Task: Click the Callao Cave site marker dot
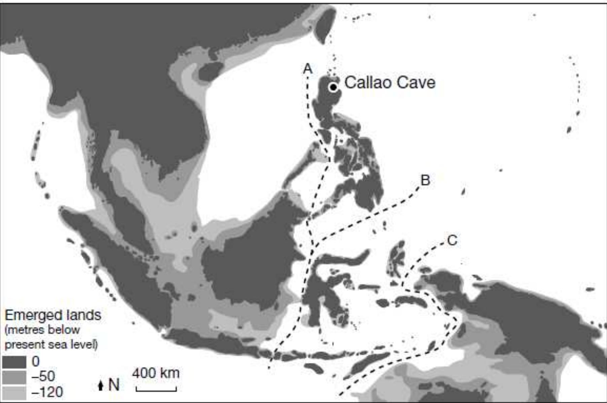(333, 88)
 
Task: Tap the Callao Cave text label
(390, 83)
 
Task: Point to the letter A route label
(308, 68)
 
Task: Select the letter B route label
(425, 180)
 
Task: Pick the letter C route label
(452, 240)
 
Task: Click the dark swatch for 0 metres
(14, 362)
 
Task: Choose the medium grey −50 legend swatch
(14, 377)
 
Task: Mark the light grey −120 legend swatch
(14, 393)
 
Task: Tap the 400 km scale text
(156, 373)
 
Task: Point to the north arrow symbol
(100, 385)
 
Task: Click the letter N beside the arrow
(114, 385)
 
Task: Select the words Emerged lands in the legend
(53, 315)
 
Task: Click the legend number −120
(47, 392)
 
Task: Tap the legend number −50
(43, 376)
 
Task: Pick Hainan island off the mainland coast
(210, 70)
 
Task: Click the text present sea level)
(51, 344)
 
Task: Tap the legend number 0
(36, 362)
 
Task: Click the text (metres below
(42, 330)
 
